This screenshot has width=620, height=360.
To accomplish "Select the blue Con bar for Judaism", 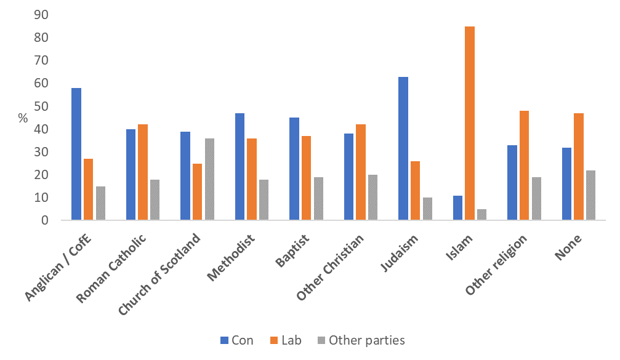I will pyautogui.click(x=403, y=148).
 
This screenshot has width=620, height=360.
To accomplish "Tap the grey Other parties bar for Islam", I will pyautogui.click(x=481, y=214).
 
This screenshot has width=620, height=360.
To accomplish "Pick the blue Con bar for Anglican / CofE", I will pyautogui.click(x=76, y=154).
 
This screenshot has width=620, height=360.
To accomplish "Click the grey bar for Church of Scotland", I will pyautogui.click(x=210, y=179).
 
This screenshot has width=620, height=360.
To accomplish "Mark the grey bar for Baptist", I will pyautogui.click(x=319, y=198).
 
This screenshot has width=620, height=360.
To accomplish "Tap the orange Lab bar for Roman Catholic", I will pyautogui.click(x=143, y=172).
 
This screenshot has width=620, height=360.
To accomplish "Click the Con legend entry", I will pyautogui.click(x=236, y=340).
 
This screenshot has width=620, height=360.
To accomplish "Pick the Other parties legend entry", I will pyautogui.click(x=360, y=340).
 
